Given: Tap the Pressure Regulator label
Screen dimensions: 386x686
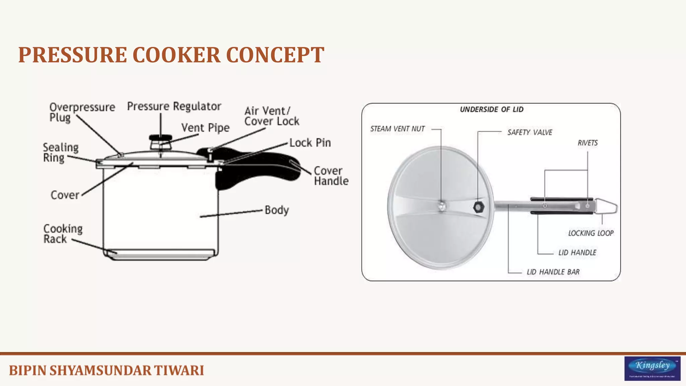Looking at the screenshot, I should point(174,107).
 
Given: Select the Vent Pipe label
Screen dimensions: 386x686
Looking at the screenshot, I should point(205,128).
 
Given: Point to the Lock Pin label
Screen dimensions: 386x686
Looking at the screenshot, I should point(310,143).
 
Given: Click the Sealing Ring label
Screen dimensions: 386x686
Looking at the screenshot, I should point(61,152).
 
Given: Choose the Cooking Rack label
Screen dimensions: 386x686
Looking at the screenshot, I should point(63,234).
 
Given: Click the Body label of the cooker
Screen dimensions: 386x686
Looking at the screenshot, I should point(277,210).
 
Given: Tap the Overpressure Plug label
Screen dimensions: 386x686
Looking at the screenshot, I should point(82,112).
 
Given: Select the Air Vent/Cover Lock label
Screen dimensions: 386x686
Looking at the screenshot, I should point(271,116).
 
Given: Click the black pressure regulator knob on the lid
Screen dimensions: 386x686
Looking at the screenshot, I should point(160,138).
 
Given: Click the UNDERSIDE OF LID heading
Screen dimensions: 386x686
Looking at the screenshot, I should point(491,110).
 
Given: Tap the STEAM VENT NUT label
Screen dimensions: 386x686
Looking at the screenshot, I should point(397,129).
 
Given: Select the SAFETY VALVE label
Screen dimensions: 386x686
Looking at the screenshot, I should point(530,132).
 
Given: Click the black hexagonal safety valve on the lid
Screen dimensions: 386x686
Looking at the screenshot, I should point(478,207).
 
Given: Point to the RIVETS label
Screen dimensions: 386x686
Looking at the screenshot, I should point(588,143).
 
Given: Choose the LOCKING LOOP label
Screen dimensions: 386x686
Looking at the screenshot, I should point(591,233).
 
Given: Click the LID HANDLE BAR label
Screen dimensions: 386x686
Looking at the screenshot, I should point(553,272).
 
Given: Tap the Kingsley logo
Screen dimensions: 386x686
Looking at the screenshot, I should point(652,368).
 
